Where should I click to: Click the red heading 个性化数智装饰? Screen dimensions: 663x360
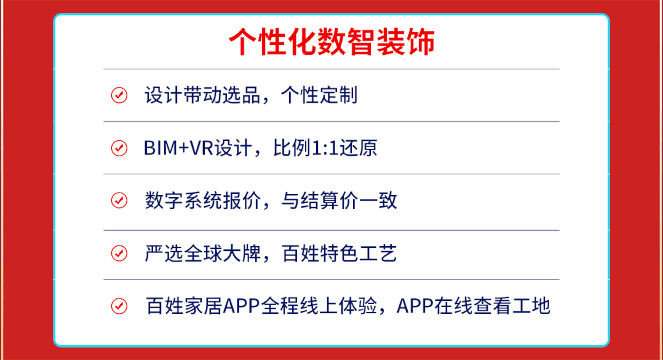pyautogui.click(x=331, y=42)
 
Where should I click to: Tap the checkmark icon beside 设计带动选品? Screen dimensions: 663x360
pyautogui.click(x=119, y=95)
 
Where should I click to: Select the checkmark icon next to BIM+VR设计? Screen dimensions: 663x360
pyautogui.click(x=119, y=148)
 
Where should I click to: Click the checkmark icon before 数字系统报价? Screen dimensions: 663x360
pyautogui.click(x=119, y=201)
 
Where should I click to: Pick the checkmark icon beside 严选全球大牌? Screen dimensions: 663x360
pyautogui.click(x=119, y=254)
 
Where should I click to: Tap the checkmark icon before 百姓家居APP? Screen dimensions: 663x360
pyautogui.click(x=119, y=306)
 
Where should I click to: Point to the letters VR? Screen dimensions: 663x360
pyautogui.click(x=201, y=148)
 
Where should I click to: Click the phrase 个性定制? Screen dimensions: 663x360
pyautogui.click(x=319, y=95)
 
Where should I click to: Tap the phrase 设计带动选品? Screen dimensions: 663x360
pyautogui.click(x=202, y=95)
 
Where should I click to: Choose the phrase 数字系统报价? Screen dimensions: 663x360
pyautogui.click(x=202, y=201)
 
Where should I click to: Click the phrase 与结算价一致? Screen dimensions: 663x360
pyautogui.click(x=339, y=201)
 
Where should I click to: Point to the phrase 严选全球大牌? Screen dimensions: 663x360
pyautogui.click(x=202, y=254)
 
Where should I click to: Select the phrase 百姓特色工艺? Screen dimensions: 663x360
pyautogui.click(x=339, y=254)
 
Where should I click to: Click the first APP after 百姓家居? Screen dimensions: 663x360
pyautogui.click(x=242, y=306)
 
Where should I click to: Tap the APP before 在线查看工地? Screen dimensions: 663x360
pyautogui.click(x=415, y=306)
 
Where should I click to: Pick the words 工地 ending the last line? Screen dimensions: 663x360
pyautogui.click(x=531, y=306)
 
